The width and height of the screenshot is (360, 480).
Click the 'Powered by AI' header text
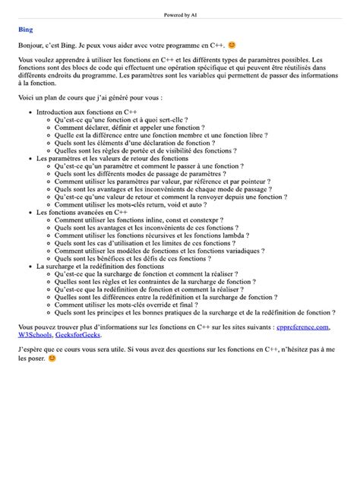[180, 14]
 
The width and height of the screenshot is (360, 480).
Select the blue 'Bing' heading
[25, 31]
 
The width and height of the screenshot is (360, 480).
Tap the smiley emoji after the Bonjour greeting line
[232, 46]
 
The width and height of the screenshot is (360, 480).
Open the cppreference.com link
[303, 327]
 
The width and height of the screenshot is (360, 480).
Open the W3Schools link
[36, 335]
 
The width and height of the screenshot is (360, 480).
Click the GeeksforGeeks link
[84, 335]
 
